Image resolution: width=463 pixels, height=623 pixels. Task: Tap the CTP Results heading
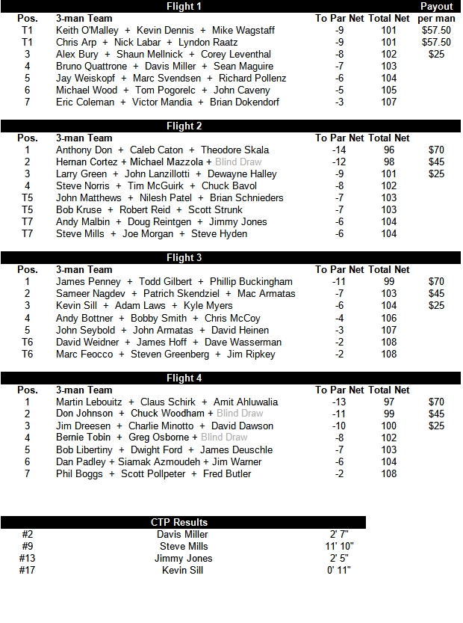click(179, 522)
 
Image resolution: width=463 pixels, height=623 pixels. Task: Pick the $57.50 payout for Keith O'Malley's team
click(436, 30)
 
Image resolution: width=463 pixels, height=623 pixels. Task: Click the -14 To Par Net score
click(340, 150)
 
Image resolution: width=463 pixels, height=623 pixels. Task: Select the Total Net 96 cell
click(388, 150)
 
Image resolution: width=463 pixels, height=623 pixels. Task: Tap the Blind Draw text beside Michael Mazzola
click(238, 162)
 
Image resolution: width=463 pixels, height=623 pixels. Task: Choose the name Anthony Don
click(84, 150)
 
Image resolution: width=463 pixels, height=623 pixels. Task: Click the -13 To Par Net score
click(340, 402)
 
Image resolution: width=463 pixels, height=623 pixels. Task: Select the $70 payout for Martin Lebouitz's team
click(436, 402)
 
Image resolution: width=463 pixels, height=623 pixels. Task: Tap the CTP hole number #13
click(28, 558)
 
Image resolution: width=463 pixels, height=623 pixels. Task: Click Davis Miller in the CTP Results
click(182, 534)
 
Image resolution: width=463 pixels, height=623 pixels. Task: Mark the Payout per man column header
click(436, 12)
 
